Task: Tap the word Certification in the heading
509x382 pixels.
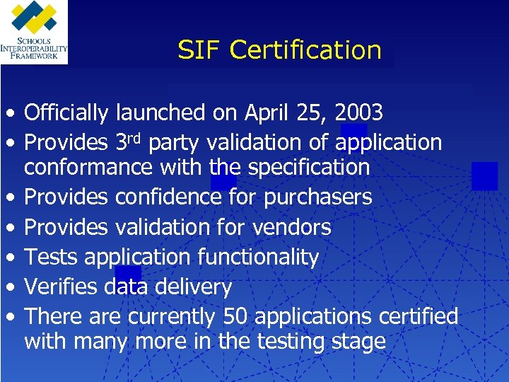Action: click(x=305, y=50)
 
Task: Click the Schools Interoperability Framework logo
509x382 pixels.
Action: click(x=34, y=32)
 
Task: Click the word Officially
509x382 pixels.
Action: click(x=66, y=112)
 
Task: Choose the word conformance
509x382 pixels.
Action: click(x=89, y=168)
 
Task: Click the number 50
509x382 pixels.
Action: click(x=235, y=316)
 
